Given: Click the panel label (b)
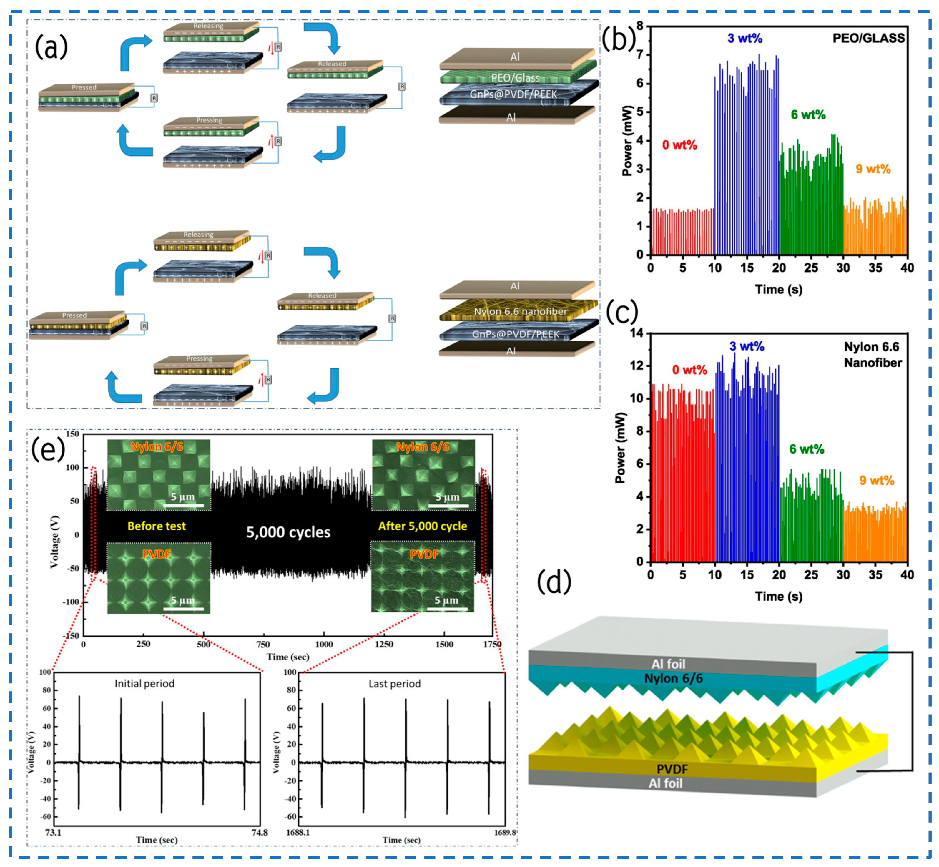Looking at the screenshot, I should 618,39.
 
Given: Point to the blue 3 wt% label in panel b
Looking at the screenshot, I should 745,39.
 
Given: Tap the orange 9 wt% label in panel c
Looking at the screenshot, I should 876,480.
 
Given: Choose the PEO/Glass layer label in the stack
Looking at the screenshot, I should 515,78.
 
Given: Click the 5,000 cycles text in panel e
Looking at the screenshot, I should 288,532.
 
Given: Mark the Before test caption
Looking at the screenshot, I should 157,526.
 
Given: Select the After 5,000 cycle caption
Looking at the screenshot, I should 422,526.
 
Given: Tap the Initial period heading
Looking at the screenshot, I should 144,684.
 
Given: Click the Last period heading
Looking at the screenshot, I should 394,684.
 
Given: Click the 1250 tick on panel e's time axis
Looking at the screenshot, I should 384,644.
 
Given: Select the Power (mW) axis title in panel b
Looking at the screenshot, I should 626,141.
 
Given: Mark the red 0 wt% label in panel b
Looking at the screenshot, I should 679,145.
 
